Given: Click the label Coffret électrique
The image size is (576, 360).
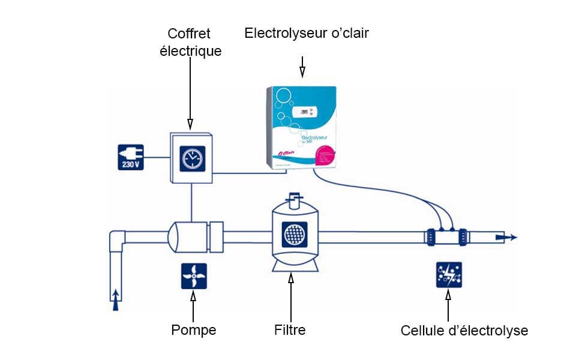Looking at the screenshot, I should click(190, 42).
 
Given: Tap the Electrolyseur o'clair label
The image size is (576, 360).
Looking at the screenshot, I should click(306, 33).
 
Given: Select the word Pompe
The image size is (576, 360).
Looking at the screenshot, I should click(193, 330).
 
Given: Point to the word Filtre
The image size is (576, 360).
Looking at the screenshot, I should click(290, 330).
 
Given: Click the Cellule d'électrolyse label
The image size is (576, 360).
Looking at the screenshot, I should click(464, 331).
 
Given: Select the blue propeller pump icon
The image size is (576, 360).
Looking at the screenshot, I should click(194, 276).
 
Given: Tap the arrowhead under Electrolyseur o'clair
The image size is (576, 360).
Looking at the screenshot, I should click(302, 72).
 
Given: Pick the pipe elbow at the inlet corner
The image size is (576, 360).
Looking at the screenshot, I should click(117, 239).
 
